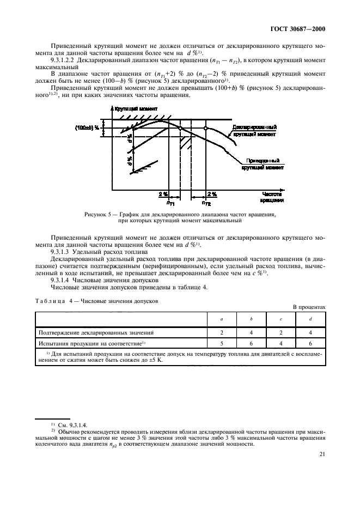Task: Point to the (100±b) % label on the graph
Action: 88,127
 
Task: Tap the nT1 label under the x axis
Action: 171,203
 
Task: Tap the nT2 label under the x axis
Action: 206,203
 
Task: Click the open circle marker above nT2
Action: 205,128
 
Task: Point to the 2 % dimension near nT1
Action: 163,193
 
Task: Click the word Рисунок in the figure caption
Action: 97,215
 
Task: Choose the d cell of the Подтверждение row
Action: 310,331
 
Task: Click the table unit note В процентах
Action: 310,307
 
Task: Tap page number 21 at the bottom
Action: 322,467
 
